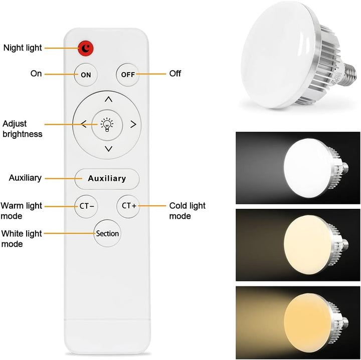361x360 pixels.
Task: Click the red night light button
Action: pyautogui.click(x=86, y=48)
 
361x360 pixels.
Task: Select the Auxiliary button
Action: pyautogui.click(x=107, y=178)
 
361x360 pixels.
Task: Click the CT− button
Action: pyautogui.click(x=86, y=206)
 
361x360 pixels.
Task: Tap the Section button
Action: pyautogui.click(x=107, y=233)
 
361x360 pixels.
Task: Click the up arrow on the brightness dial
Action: pyautogui.click(x=108, y=99)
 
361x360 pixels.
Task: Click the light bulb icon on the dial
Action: pyautogui.click(x=107, y=124)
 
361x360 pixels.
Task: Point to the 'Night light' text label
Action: pyautogui.click(x=23, y=48)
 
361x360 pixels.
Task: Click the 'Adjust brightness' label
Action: pyautogui.click(x=22, y=129)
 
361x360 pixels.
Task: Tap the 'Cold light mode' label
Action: pyautogui.click(x=187, y=211)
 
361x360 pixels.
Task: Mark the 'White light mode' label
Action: pyautogui.click(x=21, y=238)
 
